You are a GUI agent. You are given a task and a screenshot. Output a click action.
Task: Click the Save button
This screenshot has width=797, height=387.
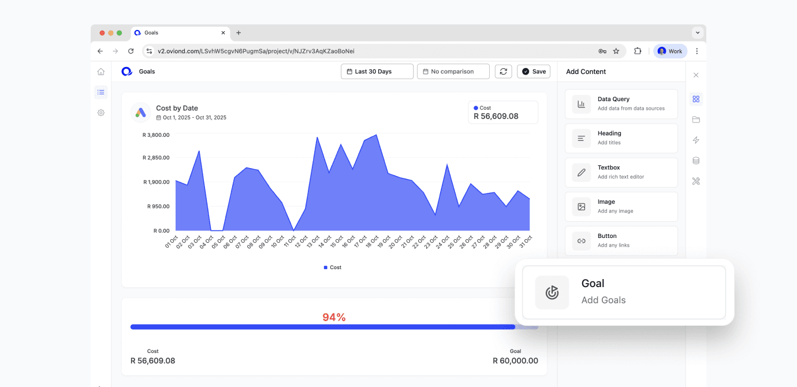point(533,72)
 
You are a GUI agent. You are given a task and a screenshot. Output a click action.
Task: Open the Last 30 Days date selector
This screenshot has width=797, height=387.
point(377,72)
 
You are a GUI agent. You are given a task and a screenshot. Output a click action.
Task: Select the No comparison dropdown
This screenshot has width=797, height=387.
point(453,72)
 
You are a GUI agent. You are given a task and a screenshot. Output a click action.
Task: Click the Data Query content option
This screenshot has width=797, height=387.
point(621,104)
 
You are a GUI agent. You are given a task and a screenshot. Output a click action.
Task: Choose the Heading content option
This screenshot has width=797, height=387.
point(621,138)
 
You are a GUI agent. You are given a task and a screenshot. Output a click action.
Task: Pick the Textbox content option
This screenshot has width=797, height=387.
point(621,172)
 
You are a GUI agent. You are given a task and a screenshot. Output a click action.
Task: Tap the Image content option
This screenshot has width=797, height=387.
point(621,206)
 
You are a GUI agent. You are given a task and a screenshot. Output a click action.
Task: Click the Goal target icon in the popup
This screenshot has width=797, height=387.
point(552,292)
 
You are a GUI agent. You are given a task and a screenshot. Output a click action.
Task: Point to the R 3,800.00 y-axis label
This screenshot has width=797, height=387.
point(156,135)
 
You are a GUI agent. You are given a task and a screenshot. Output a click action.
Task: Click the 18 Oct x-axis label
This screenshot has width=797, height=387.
point(371,242)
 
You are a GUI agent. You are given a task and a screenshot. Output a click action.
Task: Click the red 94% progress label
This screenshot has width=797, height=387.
point(334,317)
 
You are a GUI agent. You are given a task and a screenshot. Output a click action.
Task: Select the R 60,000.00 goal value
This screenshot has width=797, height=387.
point(515,361)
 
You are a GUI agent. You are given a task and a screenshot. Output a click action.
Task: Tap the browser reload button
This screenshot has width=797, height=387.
point(131,51)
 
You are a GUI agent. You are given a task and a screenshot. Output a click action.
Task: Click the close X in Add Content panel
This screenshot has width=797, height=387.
point(696,75)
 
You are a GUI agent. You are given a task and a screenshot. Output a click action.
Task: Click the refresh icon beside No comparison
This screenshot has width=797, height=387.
point(503,72)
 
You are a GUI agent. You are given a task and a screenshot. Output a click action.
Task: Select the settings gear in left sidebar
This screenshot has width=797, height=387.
point(101,113)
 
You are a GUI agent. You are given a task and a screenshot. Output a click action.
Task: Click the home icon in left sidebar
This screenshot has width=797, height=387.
point(101,72)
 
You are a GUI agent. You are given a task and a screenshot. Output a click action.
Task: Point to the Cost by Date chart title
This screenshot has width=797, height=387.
point(177,108)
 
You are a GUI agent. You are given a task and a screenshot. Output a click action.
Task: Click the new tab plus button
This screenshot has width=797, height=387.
point(239,33)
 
